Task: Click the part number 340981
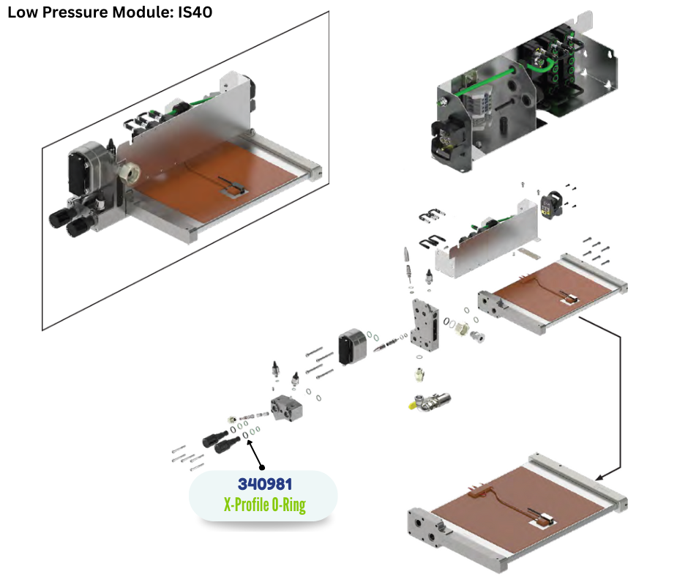tap(264, 484)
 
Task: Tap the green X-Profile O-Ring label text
tap(264, 504)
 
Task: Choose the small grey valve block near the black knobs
tap(286, 409)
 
